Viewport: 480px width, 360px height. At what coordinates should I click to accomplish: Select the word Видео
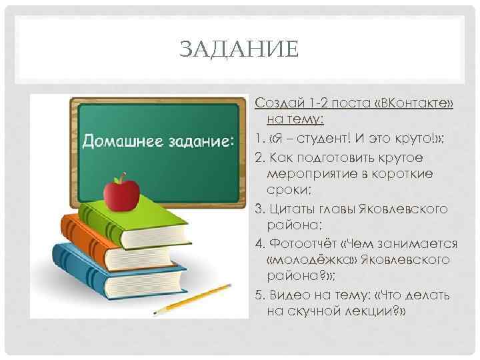(x=288, y=295)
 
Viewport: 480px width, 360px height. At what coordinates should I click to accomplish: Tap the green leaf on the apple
(x=121, y=177)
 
